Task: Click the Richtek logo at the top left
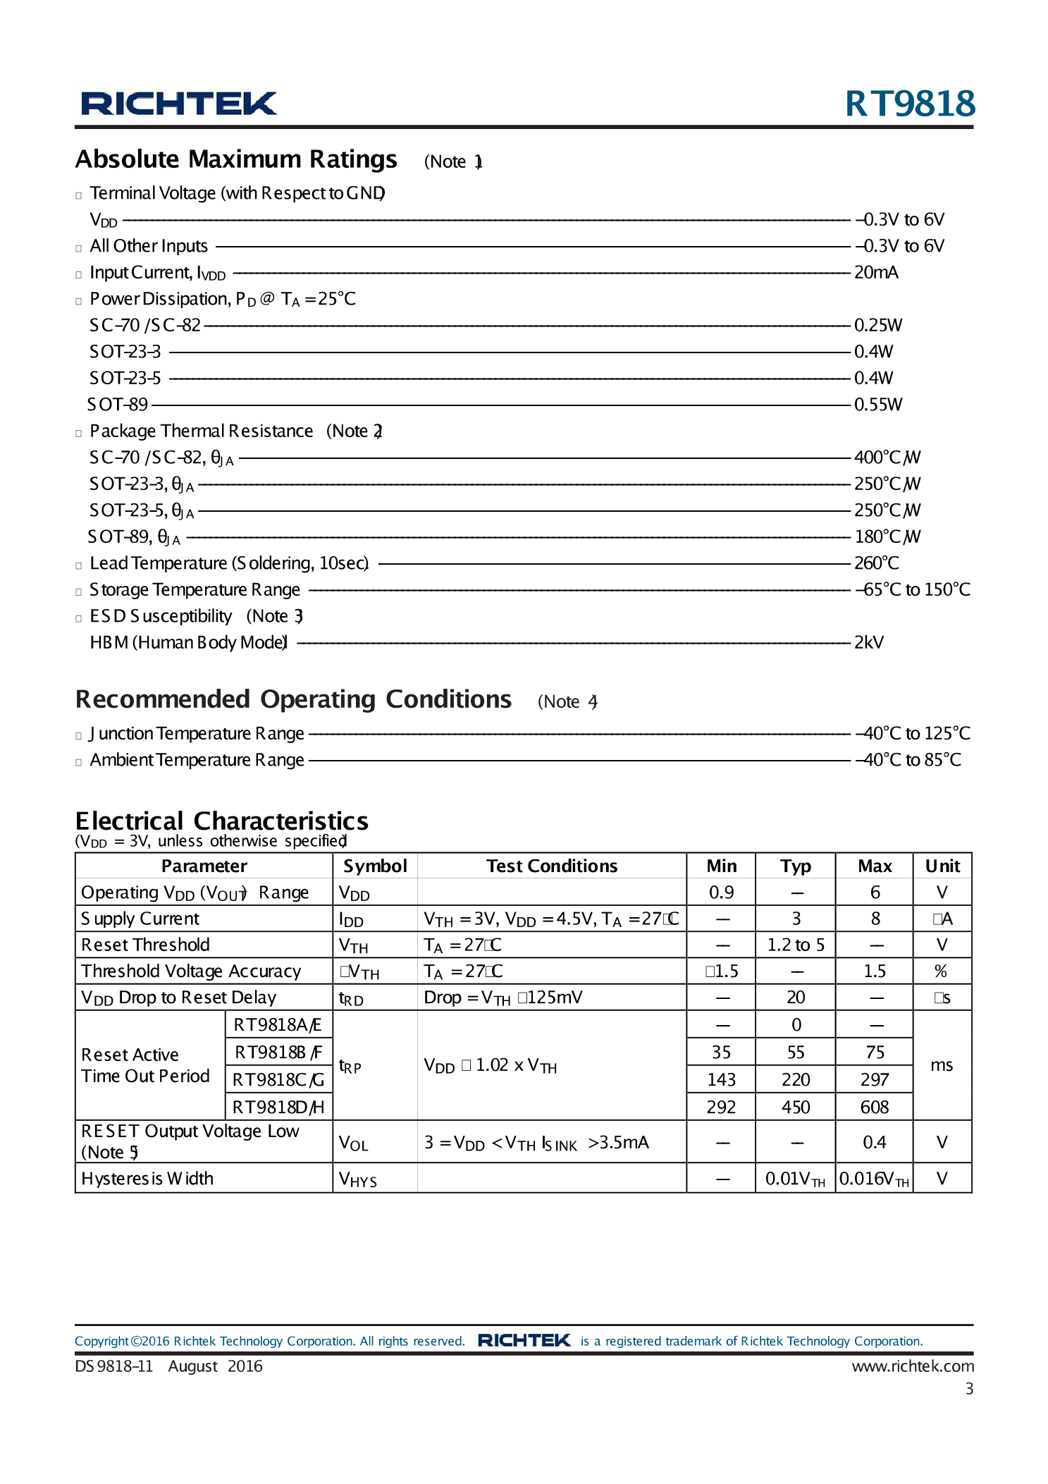pos(179,104)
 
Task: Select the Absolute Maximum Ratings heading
pos(236,159)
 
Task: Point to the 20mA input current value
pos(875,273)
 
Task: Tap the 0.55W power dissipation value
pos(877,405)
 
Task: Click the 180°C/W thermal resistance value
pos(887,537)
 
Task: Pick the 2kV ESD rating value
pos(868,643)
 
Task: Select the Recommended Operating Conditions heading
pos(293,699)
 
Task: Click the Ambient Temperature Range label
pos(197,760)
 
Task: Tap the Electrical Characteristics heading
pos(221,821)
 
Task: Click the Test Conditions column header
pos(551,866)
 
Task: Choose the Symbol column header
pos(375,866)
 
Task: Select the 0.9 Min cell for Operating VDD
pos(721,893)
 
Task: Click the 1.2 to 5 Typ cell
pos(796,945)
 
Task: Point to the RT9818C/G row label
pos(278,1080)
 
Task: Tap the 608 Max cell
pos(874,1108)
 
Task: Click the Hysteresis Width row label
pos(147,1179)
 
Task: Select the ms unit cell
pos(942,1065)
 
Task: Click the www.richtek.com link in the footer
pos(913,1366)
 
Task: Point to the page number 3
pos(969,1389)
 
